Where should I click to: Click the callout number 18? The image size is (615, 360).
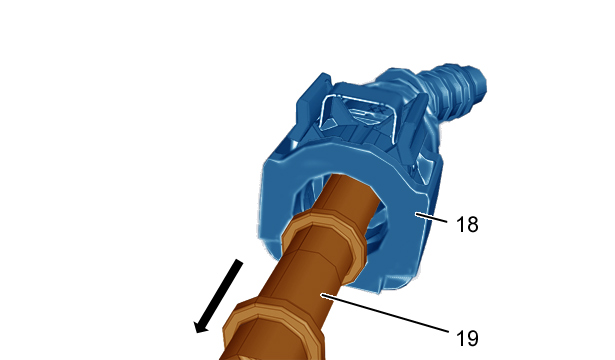[x=467, y=225]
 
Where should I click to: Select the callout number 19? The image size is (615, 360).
[x=467, y=338]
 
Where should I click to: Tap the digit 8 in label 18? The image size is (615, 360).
[x=472, y=225]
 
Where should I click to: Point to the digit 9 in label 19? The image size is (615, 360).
[x=472, y=338]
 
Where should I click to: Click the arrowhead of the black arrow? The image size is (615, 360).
[x=202, y=325]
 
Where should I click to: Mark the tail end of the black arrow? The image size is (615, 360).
[x=239, y=262]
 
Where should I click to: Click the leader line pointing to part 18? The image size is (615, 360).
[x=431, y=218]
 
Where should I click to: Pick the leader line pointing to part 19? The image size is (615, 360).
[x=385, y=313]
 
